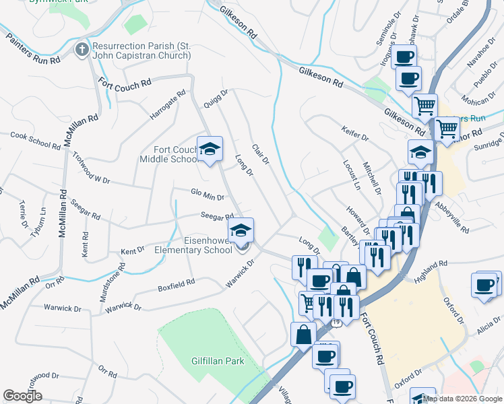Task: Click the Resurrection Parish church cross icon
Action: coord(82,50)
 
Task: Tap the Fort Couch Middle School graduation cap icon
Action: coord(210,149)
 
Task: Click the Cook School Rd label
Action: coord(36,139)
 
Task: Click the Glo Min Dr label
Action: coord(207,195)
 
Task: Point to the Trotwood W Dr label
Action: coord(90,168)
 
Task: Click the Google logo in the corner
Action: coord(22,396)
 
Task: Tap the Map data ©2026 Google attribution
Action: coord(462,399)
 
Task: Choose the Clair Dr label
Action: coord(260,154)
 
